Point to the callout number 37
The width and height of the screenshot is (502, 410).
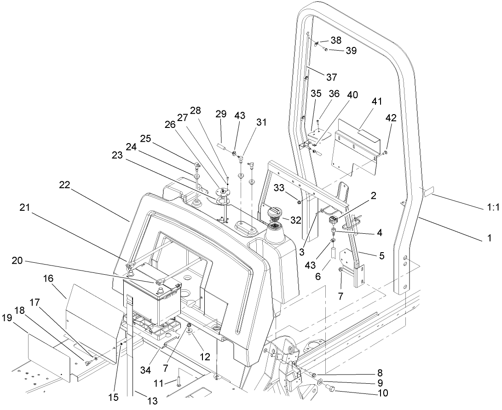(x=332, y=76)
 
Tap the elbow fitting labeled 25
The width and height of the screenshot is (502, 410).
(x=197, y=164)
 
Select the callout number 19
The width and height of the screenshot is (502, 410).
(x=7, y=317)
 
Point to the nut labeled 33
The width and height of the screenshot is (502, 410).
(x=299, y=202)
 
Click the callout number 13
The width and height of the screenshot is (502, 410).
(x=151, y=401)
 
